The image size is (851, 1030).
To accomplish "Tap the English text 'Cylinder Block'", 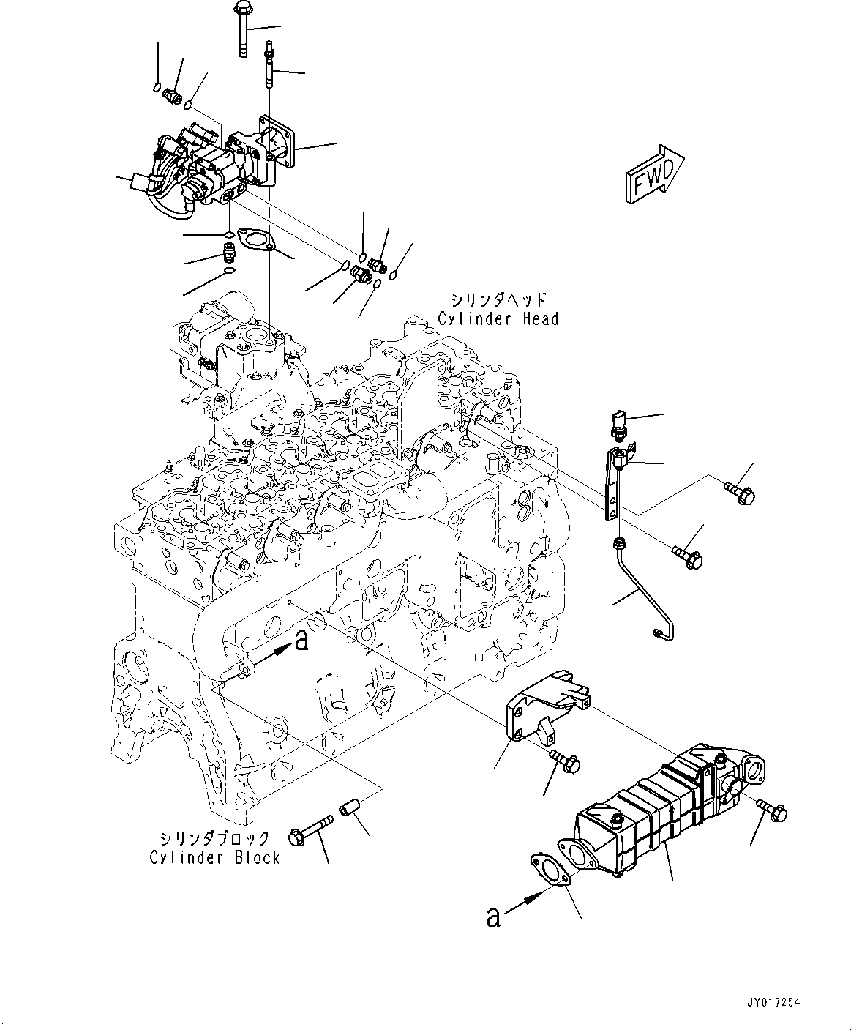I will click(x=214, y=857).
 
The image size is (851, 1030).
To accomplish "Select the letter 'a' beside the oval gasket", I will click(x=494, y=917).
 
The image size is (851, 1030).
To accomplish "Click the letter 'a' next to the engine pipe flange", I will click(x=300, y=642).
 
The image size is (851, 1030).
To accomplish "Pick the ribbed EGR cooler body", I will click(x=644, y=813).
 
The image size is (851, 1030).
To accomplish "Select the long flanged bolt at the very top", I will click(x=242, y=33).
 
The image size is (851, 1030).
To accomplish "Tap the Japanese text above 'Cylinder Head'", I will click(x=498, y=299).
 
